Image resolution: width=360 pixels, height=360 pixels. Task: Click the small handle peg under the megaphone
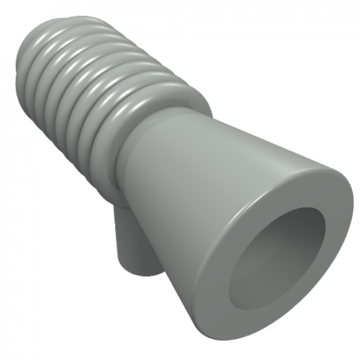tap(131, 242)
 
